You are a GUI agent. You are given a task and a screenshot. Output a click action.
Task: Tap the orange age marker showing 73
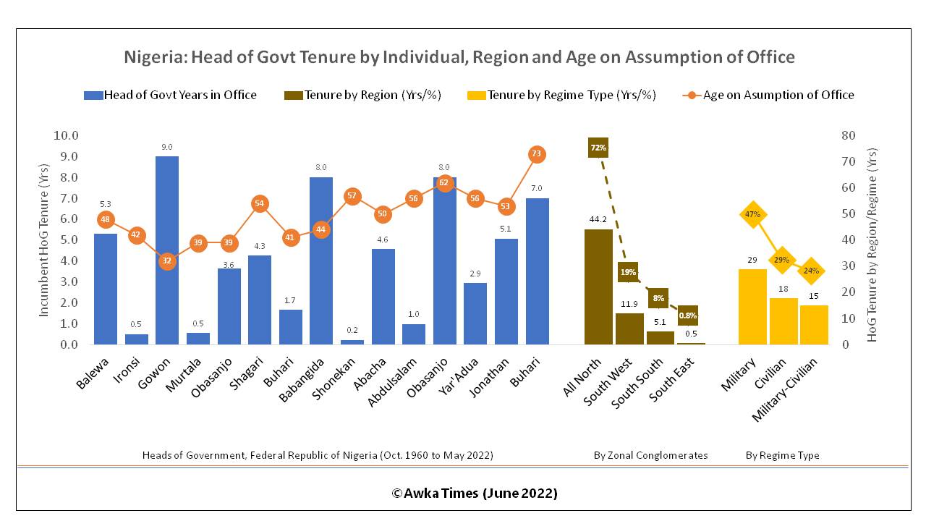[536, 154]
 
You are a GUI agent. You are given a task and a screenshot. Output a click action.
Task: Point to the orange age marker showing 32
[167, 261]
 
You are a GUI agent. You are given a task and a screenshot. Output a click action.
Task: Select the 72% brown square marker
[598, 148]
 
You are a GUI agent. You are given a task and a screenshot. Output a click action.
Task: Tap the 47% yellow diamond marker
[752, 214]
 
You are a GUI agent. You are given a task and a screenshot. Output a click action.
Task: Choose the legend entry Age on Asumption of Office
[778, 95]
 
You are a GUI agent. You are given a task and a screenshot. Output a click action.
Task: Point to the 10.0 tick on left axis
[66, 135]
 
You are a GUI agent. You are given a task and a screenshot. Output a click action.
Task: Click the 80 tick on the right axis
[847, 135]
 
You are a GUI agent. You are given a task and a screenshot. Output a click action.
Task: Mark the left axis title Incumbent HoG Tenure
[43, 240]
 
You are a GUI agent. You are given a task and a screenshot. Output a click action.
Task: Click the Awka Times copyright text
[475, 494]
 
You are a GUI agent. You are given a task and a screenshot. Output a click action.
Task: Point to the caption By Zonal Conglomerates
[650, 455]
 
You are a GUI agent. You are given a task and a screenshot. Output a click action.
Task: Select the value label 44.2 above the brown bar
[598, 219]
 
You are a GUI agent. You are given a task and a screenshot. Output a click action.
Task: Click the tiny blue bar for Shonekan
[352, 342]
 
